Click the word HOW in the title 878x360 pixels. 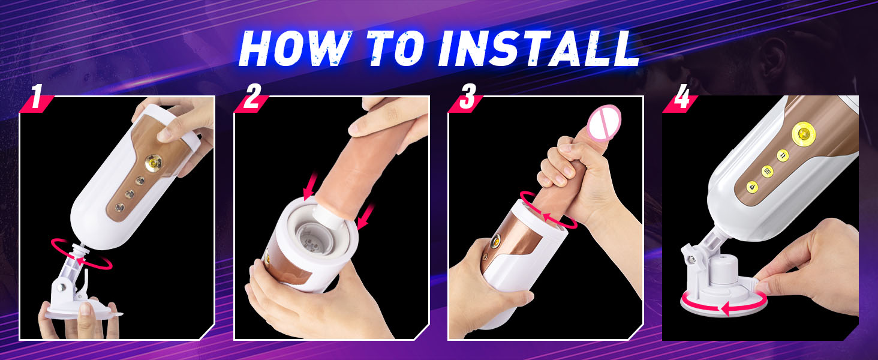coord(294,48)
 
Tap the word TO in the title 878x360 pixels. coord(395,48)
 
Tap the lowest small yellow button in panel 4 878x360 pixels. coord(751,187)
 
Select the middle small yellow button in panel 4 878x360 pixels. coord(768,171)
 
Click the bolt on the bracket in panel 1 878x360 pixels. coord(61,288)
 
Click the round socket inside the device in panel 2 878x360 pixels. coord(312,239)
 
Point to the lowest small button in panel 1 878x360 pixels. coord(119,206)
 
